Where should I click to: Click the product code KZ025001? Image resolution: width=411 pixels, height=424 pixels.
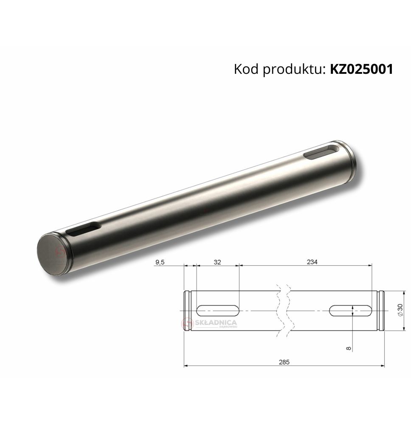(361, 69)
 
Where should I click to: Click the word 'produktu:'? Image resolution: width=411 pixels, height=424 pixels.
(294, 70)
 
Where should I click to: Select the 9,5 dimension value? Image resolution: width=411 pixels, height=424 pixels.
(160, 262)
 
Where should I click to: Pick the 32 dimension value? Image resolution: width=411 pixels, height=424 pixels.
(217, 262)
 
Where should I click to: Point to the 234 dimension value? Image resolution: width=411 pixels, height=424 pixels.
(312, 262)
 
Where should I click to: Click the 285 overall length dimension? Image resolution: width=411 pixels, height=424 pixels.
(284, 362)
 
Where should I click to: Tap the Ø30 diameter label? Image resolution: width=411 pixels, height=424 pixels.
(400, 310)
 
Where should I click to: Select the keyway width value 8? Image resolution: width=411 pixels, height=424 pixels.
(349, 348)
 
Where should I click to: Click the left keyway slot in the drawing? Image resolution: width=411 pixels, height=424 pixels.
(217, 311)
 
